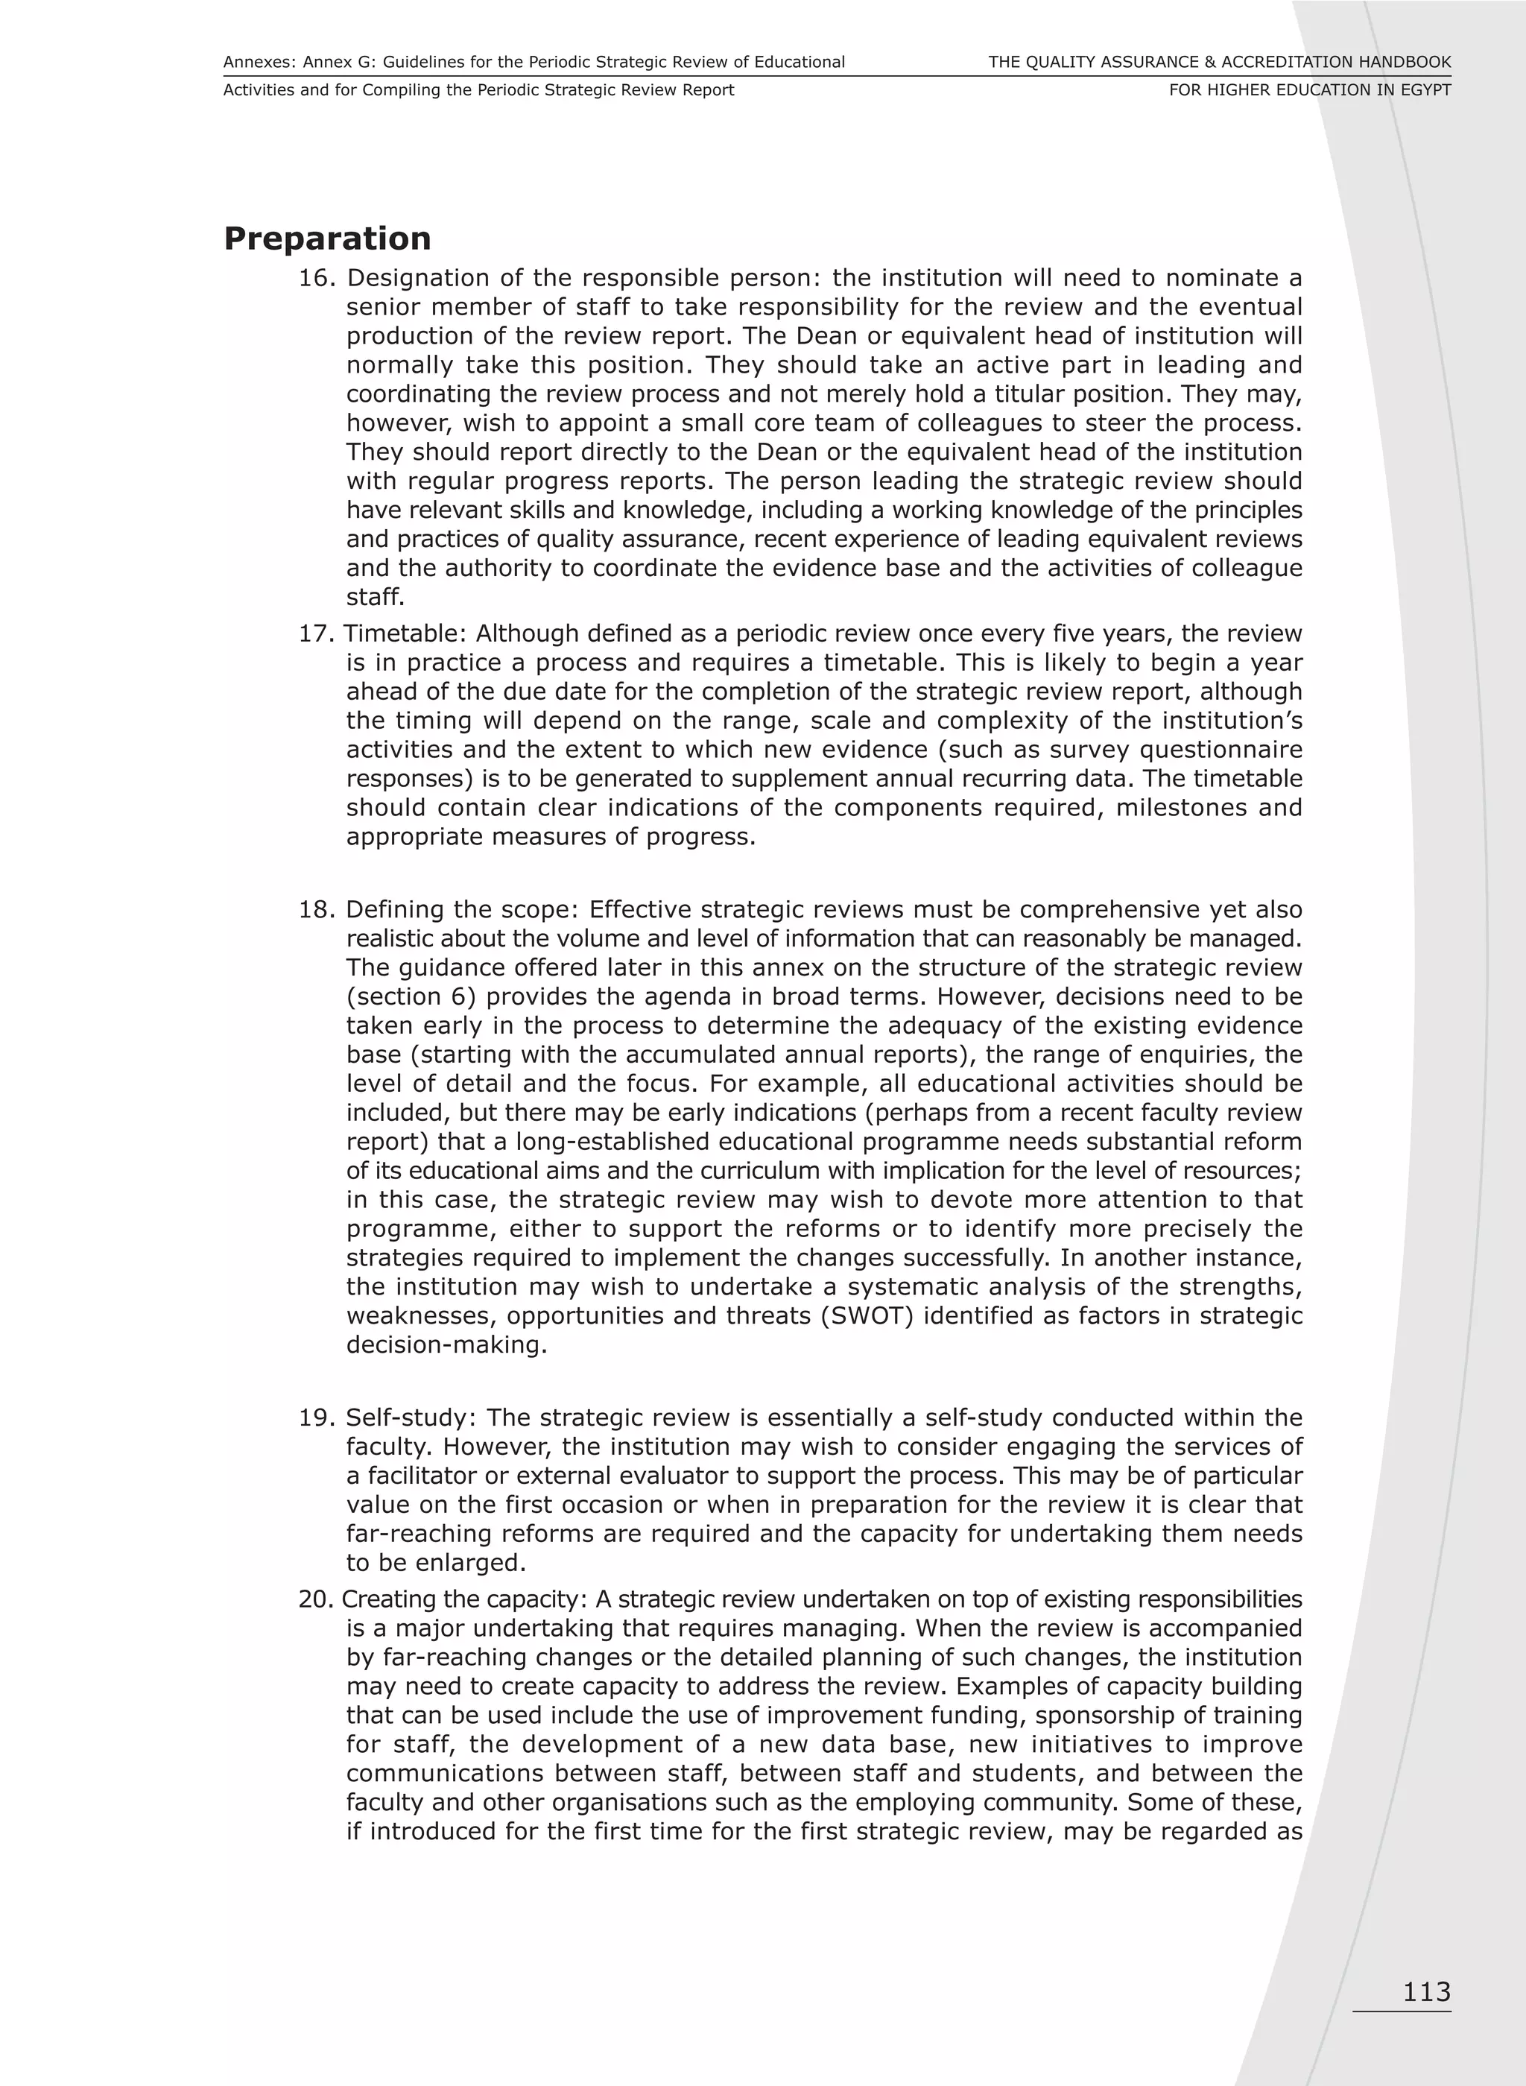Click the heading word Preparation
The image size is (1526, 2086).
[x=327, y=238]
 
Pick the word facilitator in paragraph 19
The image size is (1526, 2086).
[x=417, y=1476]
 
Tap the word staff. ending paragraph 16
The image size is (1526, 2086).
[x=375, y=597]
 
